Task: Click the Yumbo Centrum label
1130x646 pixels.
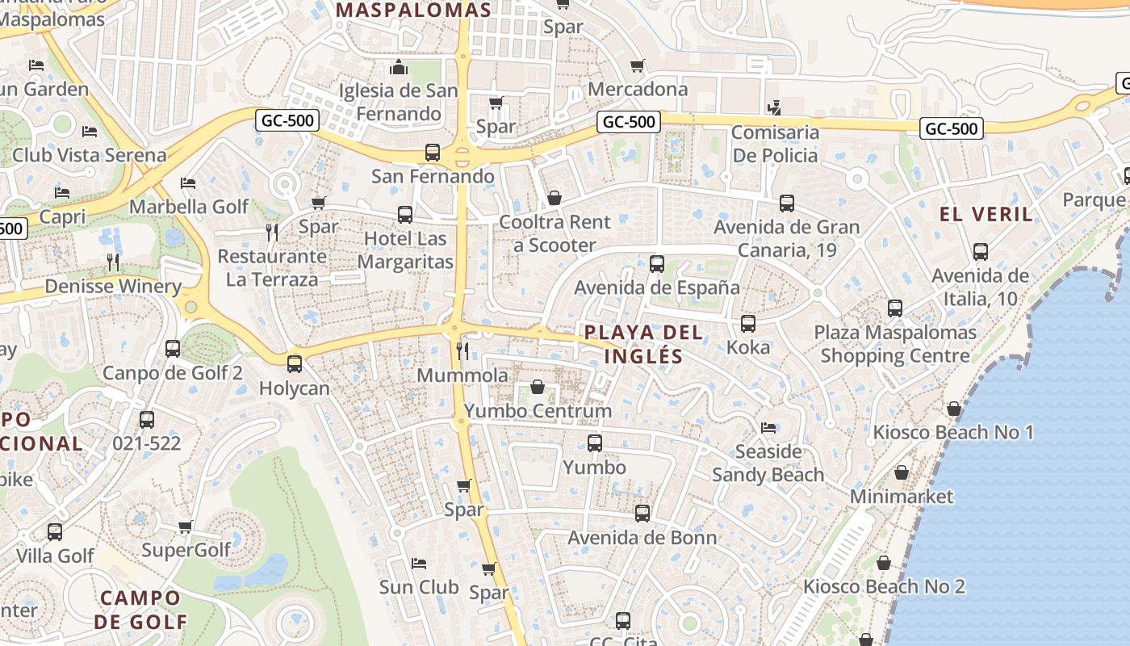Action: tap(537, 411)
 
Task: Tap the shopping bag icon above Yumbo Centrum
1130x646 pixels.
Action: tap(537, 388)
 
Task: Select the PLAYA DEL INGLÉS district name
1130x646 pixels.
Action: tap(643, 344)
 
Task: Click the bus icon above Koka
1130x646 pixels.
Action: tap(748, 324)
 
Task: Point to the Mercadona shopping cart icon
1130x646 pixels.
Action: tap(638, 66)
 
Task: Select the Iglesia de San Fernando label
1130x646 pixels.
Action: tap(398, 102)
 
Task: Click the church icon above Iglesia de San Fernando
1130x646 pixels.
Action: tap(398, 67)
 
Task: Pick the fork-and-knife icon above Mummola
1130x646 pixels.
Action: tap(462, 350)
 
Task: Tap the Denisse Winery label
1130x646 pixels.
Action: tap(113, 287)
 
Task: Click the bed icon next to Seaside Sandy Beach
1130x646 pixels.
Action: tap(768, 427)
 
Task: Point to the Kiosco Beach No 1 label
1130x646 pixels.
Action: tap(953, 433)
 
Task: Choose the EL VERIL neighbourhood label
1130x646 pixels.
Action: tap(986, 214)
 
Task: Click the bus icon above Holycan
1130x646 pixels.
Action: tap(295, 364)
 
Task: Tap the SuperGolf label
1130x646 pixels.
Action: tap(186, 550)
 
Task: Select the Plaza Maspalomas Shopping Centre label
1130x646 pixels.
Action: tap(895, 344)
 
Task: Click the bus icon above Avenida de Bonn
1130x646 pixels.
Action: tap(642, 514)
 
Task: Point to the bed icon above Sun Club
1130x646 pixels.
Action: tap(419, 563)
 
